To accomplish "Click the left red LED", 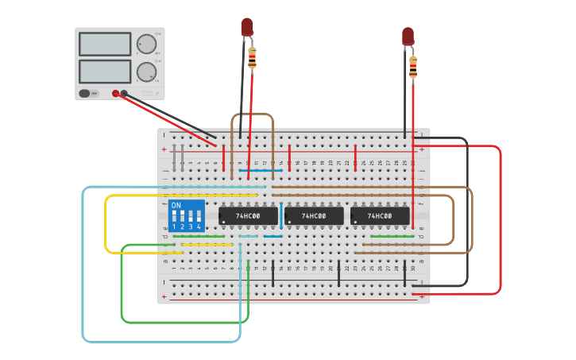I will pos(247,27).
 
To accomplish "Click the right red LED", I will pos(408,36).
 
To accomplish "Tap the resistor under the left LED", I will pos(253,57).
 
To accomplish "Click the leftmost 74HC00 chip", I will pos(248,216).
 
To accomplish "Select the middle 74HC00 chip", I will pos(314,216).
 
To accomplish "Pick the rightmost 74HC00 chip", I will pos(380,216).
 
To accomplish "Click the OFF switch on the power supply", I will pos(89,93).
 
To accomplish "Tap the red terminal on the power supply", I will pos(116,93).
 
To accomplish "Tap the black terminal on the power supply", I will pos(124,93).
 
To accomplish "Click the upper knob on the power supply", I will pos(146,44).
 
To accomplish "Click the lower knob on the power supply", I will pos(146,72).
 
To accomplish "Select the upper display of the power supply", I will pos(105,44).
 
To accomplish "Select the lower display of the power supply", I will pos(105,71).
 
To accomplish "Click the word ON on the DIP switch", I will pos(176,205).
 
